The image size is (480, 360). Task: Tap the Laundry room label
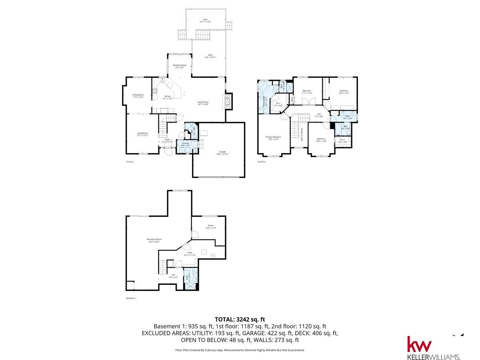click(x=186, y=144)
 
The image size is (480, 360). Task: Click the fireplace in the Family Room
click(x=228, y=101)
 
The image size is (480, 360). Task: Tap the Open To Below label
click(x=302, y=134)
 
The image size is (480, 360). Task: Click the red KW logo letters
click(x=419, y=345)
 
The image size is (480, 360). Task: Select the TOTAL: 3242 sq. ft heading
click(x=240, y=319)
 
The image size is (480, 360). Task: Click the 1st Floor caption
click(x=130, y=162)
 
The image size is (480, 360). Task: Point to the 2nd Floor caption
click(x=261, y=162)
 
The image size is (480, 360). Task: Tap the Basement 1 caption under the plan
click(x=131, y=298)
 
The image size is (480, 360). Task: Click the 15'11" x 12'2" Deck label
click(x=205, y=20)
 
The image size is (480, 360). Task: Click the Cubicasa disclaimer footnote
click(x=240, y=350)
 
